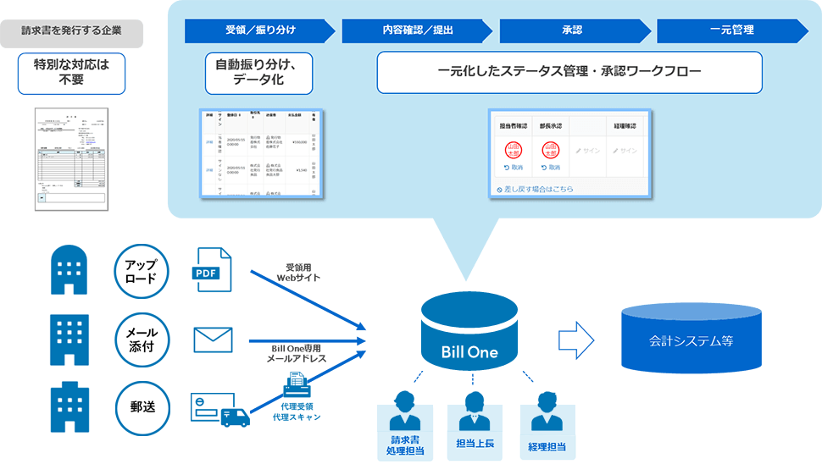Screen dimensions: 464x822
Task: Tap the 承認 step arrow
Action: [575, 31]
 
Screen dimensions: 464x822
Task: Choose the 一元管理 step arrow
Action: [731, 31]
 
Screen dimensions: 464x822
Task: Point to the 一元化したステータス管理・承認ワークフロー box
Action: [569, 72]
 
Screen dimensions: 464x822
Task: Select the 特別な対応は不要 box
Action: [72, 74]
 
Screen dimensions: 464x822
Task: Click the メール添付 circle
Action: [142, 339]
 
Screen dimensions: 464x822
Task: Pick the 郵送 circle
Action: [142, 407]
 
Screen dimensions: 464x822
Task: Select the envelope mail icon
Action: [213, 340]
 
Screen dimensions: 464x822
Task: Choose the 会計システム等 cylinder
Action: [691, 340]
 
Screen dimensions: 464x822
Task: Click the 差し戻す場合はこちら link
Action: [538, 189]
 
